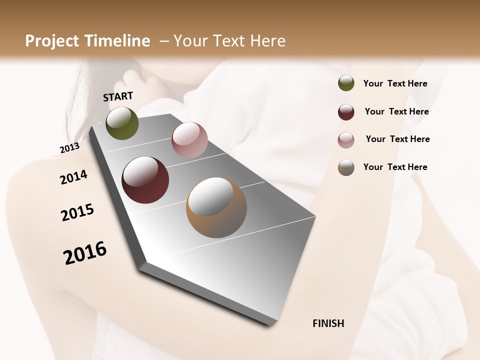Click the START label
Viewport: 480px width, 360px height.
pos(118,96)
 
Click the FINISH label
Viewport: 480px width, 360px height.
pos(328,323)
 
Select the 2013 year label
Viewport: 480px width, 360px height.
pos(70,147)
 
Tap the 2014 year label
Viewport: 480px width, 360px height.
pos(73,177)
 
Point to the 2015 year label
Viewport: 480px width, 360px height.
pos(77,212)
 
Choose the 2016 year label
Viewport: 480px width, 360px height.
pos(85,252)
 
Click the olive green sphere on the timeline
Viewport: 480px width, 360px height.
pos(122,123)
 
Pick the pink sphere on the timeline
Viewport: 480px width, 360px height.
pos(189,140)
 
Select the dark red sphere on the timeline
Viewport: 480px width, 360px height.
pos(145,180)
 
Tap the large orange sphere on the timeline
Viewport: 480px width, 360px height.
pos(216,207)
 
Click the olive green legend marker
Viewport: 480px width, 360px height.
pos(346,83)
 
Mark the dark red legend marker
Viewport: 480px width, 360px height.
pos(346,112)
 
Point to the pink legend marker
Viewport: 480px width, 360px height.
pos(346,140)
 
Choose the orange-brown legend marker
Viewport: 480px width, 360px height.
pos(346,167)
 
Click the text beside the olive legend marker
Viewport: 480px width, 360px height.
pos(395,83)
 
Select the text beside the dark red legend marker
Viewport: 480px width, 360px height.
pos(396,111)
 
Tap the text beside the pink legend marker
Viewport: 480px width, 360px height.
pos(397,139)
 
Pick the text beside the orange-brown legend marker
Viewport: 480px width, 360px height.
pos(395,167)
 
